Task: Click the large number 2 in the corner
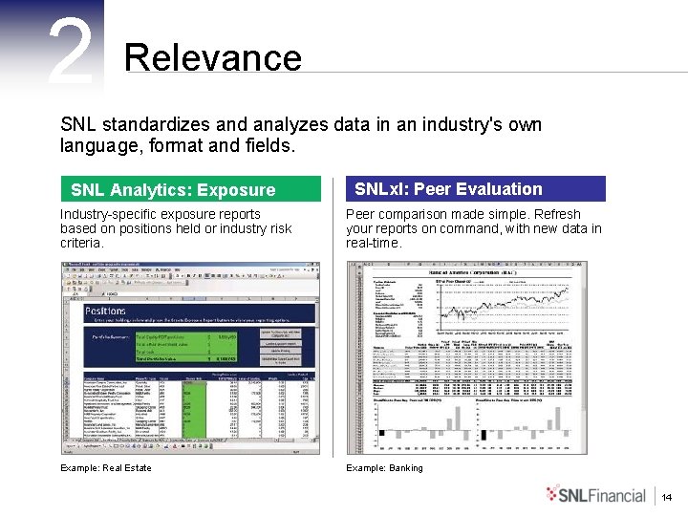(71, 53)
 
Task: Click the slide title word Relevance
(212, 58)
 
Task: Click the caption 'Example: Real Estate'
(105, 467)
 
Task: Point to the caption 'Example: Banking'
(384, 467)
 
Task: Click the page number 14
(667, 496)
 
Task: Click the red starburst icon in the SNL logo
(556, 493)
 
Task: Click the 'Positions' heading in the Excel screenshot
(105, 312)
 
